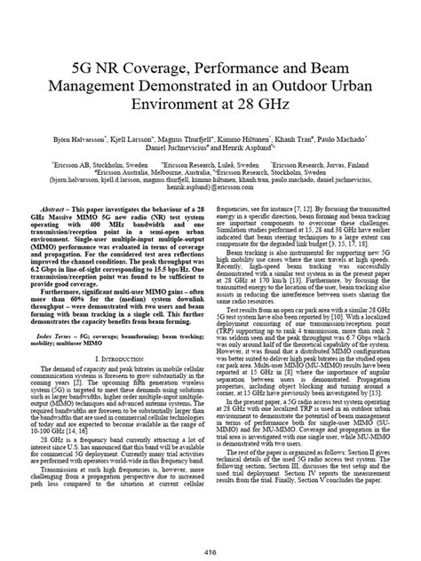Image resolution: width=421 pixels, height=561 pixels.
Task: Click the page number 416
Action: coord(210,550)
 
